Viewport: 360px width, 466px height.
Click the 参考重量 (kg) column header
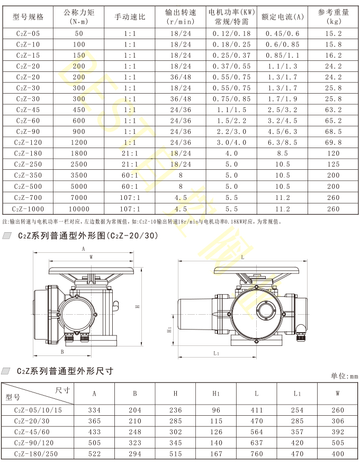pos(333,16)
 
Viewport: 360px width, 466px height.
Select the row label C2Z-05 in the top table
pos(28,33)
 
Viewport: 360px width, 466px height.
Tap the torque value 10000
pos(79,209)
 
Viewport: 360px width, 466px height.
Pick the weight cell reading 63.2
pos(333,109)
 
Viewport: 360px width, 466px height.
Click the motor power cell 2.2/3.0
pos(231,131)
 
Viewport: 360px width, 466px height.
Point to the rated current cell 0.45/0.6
pos(282,33)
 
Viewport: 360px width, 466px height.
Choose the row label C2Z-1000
pos(28,209)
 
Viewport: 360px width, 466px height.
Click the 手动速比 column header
pos(130,16)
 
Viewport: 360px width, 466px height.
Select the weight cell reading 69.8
pos(333,142)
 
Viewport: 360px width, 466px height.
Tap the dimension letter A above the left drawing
pos(83,249)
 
